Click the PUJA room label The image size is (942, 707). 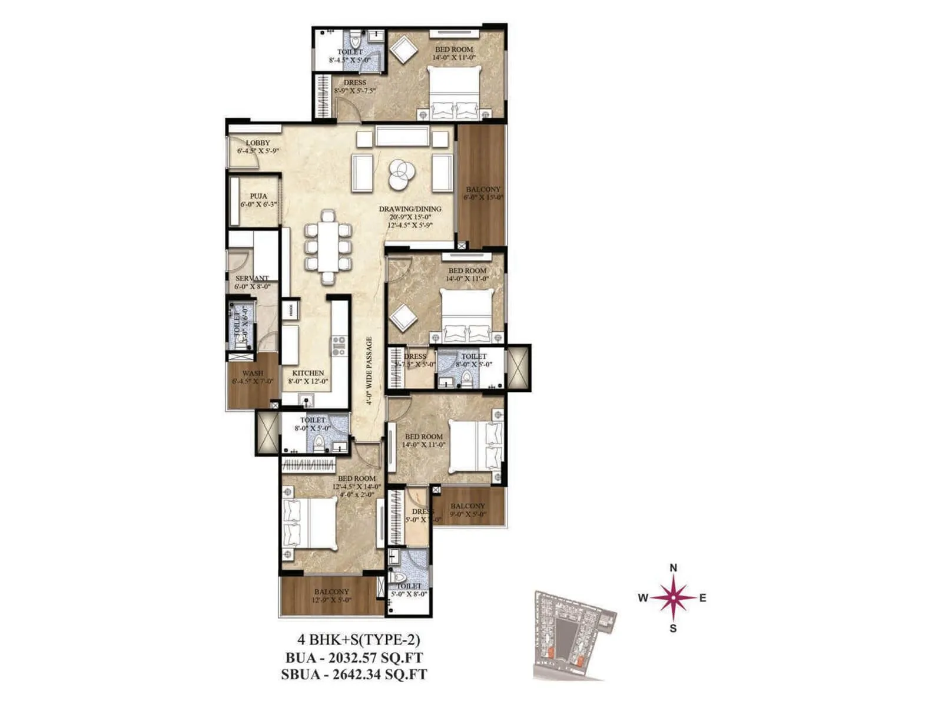pos(258,196)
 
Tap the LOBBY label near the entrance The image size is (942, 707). pos(258,143)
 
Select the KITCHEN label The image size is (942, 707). pos(308,373)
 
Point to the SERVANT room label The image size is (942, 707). pos(252,278)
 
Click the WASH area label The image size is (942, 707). pos(253,373)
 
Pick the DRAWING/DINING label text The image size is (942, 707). pos(410,209)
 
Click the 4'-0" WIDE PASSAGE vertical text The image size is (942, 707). pos(369,371)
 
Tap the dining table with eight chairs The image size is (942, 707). pos(328,240)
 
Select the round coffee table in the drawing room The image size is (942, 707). pos(402,173)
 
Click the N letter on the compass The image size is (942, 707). pos(674,568)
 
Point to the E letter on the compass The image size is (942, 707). pos(702,598)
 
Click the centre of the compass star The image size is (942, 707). pos(674,597)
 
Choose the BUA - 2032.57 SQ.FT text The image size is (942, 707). pos(354,658)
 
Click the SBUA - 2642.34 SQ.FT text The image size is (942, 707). pos(354,675)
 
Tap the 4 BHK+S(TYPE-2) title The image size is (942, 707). pos(358,640)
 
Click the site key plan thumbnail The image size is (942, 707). pos(574,635)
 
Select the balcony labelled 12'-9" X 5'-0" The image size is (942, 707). pos(331,596)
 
